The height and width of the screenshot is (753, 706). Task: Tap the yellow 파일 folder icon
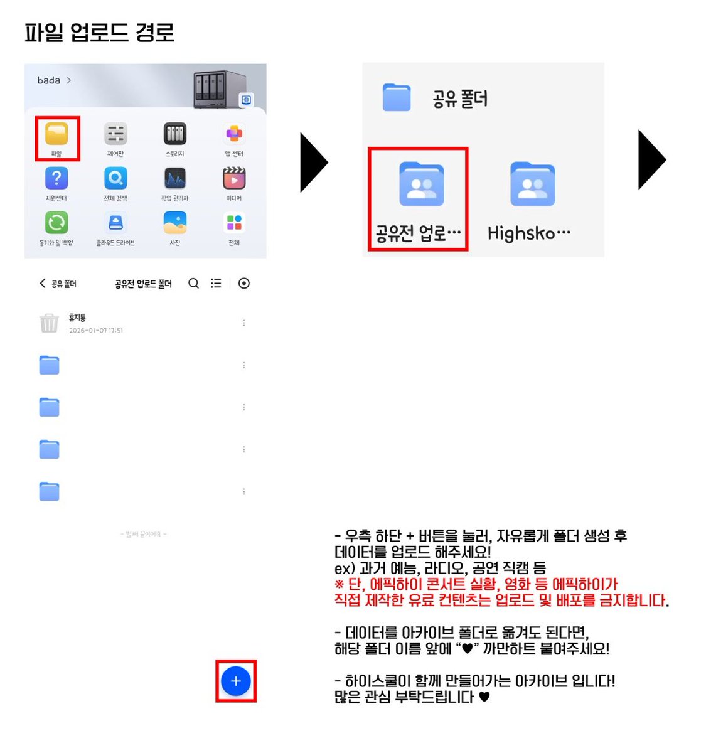point(56,134)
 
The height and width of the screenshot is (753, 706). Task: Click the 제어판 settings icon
point(115,134)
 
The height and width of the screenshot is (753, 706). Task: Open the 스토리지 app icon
point(175,134)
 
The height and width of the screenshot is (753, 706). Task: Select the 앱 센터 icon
point(234,134)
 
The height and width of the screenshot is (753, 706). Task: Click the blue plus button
point(236,681)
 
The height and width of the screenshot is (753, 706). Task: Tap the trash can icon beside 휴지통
point(49,323)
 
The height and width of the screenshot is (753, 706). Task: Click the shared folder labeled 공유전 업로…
point(421,184)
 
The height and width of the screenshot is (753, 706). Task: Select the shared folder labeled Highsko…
point(532,184)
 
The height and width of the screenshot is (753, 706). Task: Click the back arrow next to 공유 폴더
point(43,284)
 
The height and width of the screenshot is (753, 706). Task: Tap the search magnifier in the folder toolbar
point(194,284)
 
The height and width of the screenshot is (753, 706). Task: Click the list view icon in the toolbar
point(216,284)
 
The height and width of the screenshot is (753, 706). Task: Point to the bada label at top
point(49,80)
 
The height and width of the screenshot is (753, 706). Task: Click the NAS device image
point(218,89)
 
